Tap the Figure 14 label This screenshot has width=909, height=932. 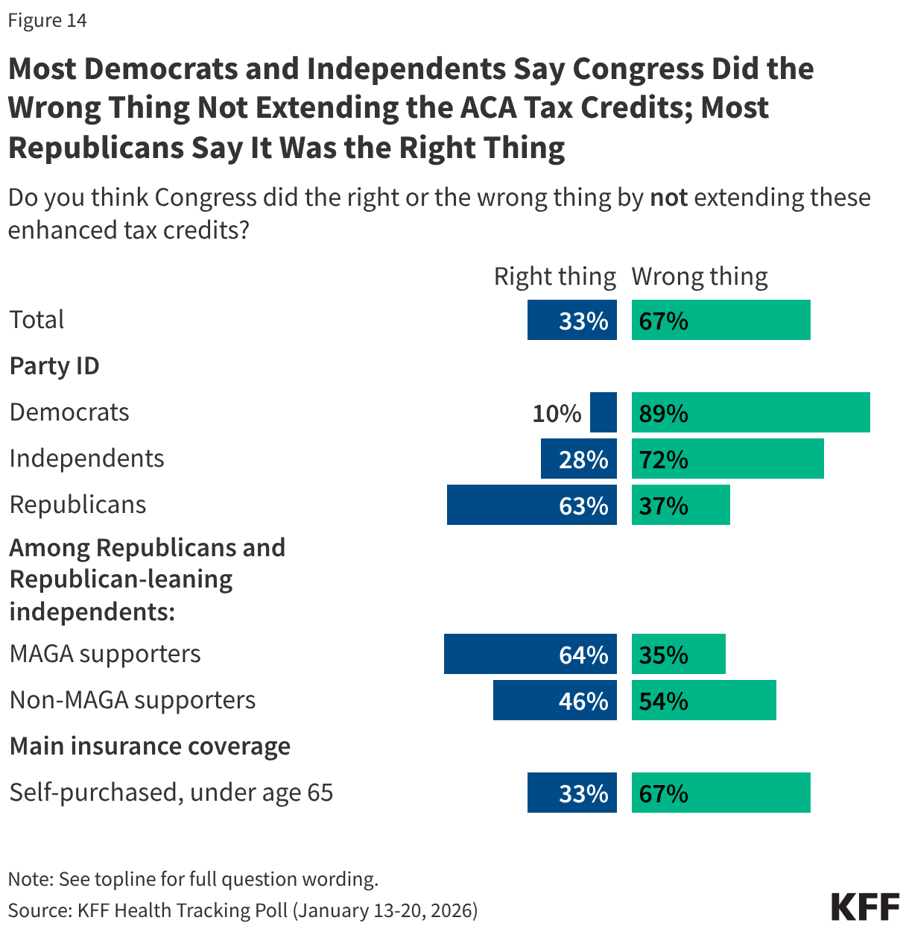pos(48,21)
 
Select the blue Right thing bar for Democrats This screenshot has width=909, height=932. pos(603,412)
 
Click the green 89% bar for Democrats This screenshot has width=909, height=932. pos(750,412)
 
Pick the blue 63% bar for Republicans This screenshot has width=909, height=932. pos(531,505)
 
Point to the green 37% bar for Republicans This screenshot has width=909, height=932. pos(680,505)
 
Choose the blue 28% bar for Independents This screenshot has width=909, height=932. pos(578,459)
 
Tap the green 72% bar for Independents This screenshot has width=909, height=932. pos(727,459)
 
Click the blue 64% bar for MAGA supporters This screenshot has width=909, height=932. pos(530,654)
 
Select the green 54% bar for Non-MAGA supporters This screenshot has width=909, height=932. pos(703,700)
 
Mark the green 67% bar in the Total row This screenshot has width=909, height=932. pos(720,320)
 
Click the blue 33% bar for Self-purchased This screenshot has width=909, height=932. pos(571,793)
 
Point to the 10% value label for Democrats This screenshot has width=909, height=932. pos(557,413)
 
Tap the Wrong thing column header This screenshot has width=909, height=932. pos(699,277)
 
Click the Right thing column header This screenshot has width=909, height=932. pos(555,277)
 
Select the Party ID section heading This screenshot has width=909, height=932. pos(54,366)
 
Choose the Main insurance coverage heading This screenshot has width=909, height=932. pos(150,746)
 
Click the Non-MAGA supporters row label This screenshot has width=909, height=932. pos(133,700)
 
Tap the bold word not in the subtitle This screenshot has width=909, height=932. pos(668,198)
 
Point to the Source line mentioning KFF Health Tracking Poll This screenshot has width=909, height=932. pos(243,910)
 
